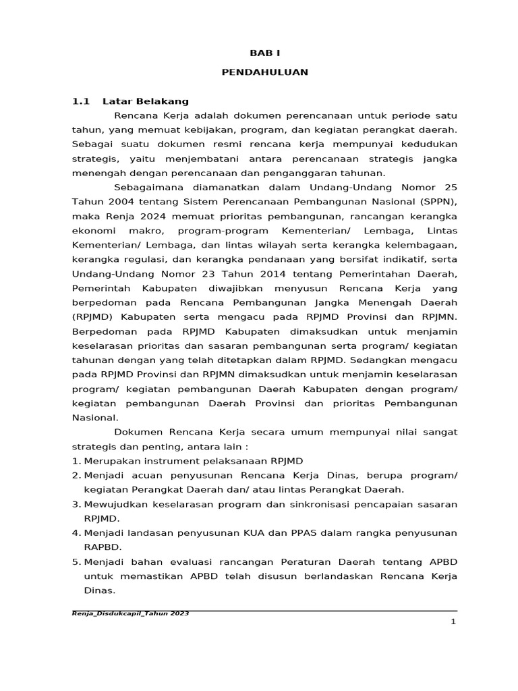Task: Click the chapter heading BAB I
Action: click(264, 53)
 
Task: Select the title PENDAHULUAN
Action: click(264, 72)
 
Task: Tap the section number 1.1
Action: click(81, 101)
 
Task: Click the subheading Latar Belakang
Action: click(146, 101)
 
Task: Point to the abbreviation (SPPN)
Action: click(438, 201)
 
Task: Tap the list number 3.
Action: click(76, 504)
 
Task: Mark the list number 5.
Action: click(76, 561)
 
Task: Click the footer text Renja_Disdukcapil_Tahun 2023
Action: click(130, 613)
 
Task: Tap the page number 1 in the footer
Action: click(454, 621)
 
